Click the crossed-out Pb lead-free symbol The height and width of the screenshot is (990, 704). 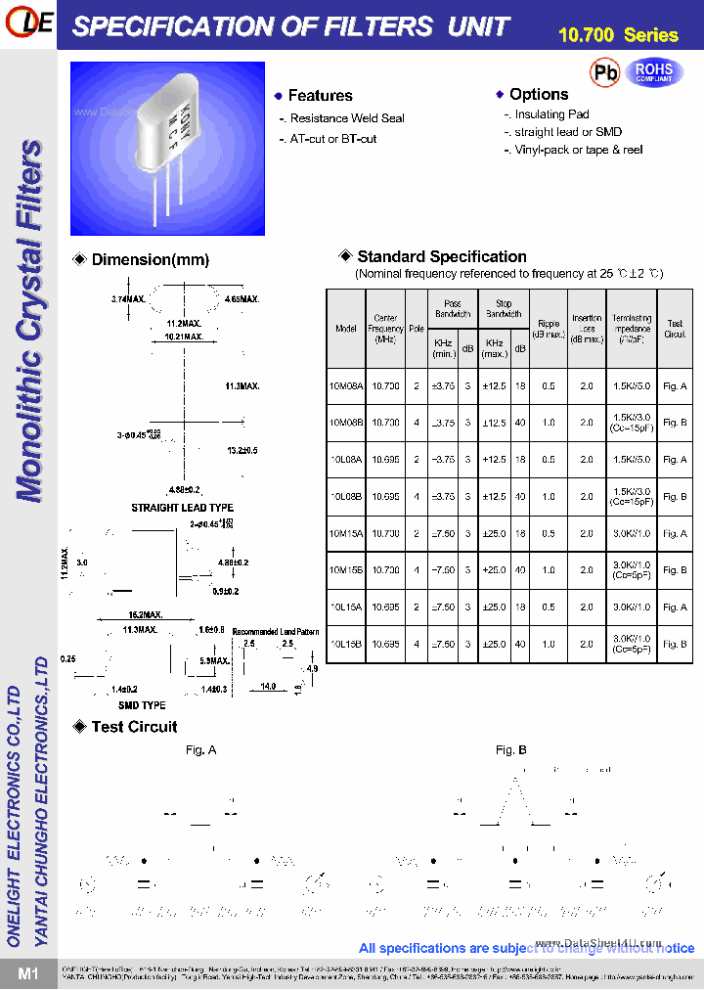pos(605,72)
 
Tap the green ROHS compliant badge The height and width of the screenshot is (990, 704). pos(654,72)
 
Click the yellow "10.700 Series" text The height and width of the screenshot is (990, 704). pos(618,36)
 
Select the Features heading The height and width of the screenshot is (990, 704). pos(320,96)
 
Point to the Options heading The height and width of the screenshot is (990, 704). pos(539,94)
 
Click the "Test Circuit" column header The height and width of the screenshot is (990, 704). pos(675,329)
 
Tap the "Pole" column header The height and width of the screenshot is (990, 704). pos(417,329)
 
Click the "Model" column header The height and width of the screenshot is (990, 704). pos(346,329)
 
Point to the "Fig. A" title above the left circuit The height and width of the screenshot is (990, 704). pos(200,750)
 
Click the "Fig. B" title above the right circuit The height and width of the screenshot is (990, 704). pos(510,750)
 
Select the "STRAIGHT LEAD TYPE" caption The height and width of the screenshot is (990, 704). pos(183,509)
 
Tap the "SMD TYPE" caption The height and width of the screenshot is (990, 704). pos(142,705)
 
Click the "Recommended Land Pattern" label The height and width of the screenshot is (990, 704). pos(276,632)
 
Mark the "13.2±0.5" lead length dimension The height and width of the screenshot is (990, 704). pos(242,451)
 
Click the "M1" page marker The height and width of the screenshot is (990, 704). pos(27,973)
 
